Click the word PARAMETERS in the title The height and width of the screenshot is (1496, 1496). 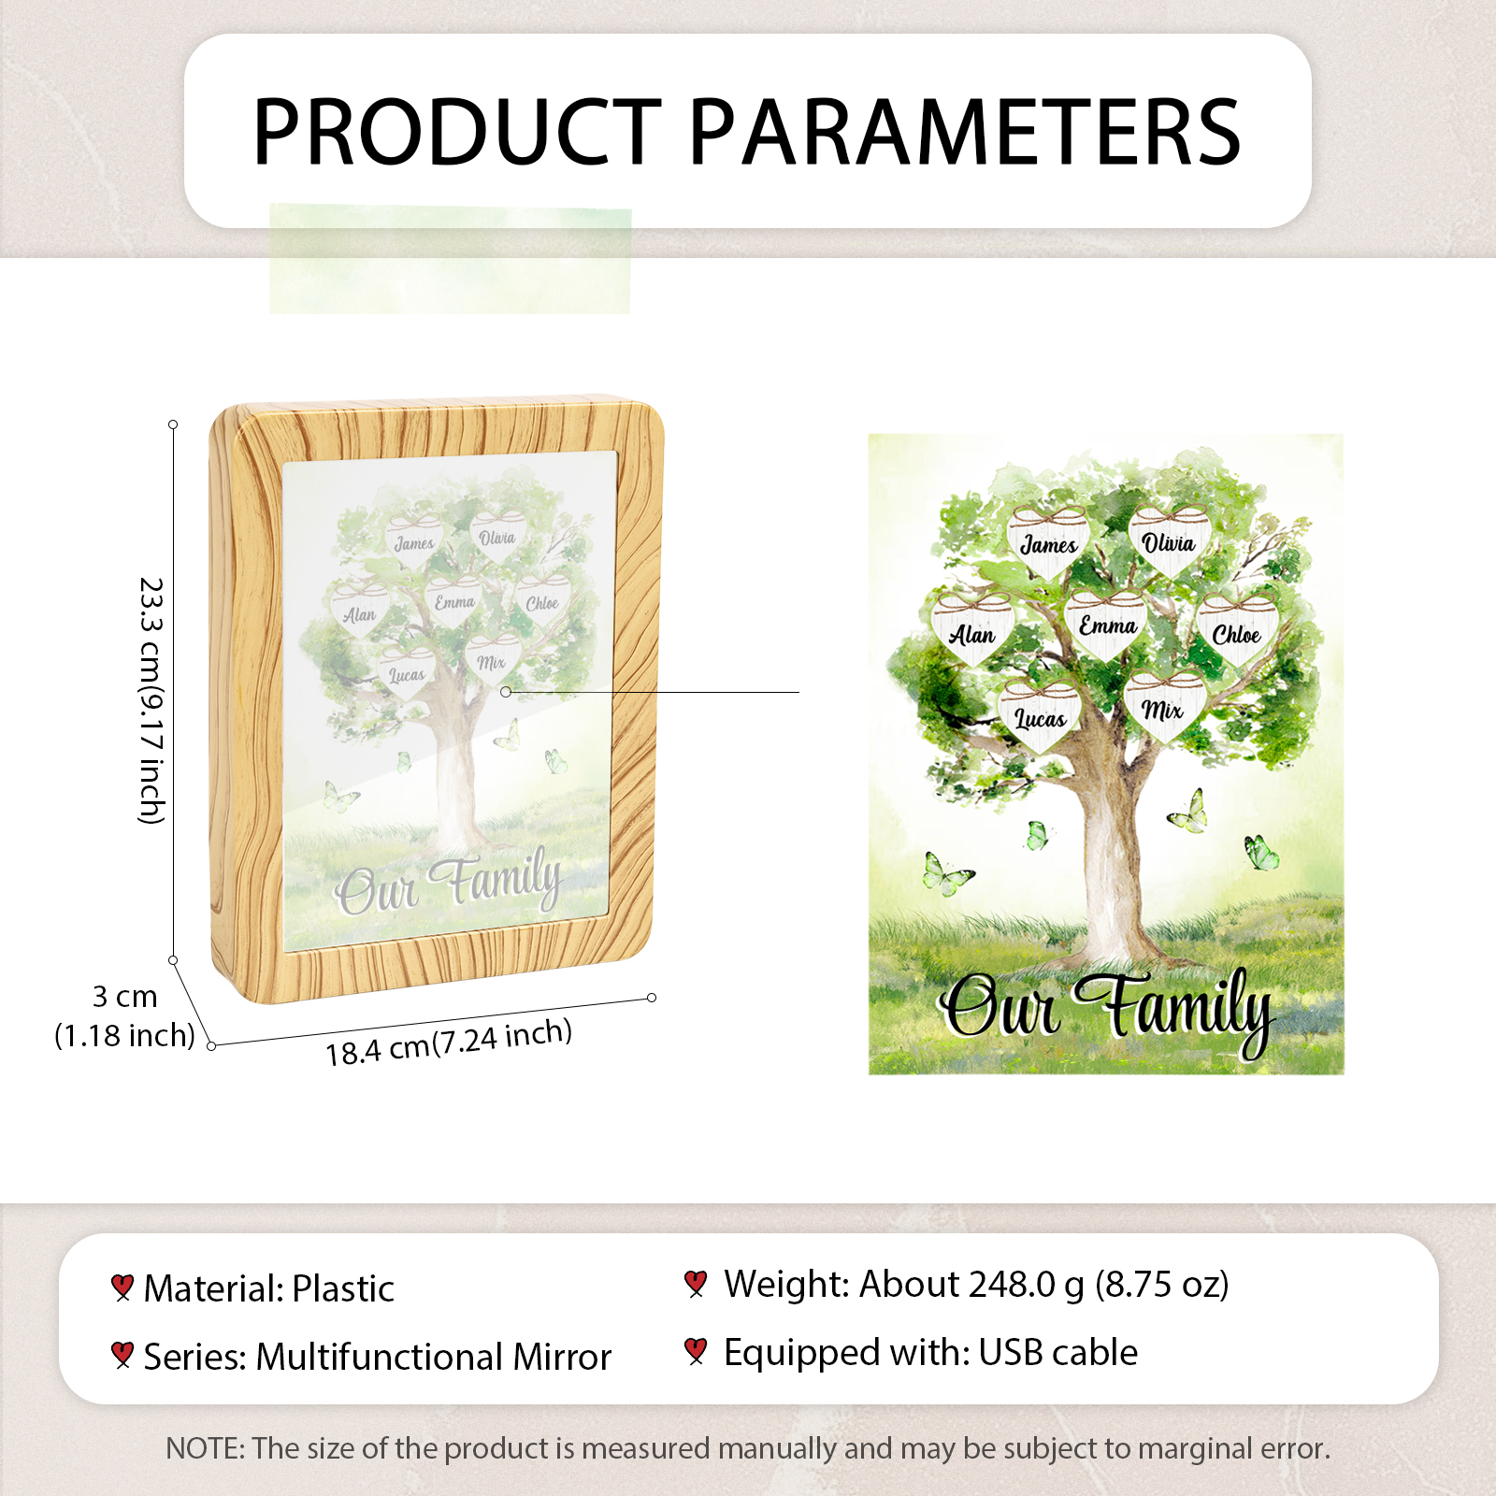click(x=965, y=132)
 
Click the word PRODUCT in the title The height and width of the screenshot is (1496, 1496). click(x=458, y=132)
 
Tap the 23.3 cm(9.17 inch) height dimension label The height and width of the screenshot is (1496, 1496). click(x=151, y=700)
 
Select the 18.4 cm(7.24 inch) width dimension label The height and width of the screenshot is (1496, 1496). click(x=449, y=1043)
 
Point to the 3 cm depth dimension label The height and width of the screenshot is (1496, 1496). click(x=124, y=996)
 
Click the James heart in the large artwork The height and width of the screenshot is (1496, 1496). click(x=1048, y=539)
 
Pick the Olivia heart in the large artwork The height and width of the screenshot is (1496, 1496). click(x=1169, y=539)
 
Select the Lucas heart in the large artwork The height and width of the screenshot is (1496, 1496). click(x=1041, y=715)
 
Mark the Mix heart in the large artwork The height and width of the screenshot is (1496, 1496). click(x=1163, y=707)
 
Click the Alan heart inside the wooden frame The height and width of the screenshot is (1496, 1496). click(x=360, y=611)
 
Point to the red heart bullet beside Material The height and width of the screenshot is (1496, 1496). click(x=122, y=1287)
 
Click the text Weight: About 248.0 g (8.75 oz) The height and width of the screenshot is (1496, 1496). click(x=976, y=1284)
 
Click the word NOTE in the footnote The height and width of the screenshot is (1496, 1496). click(x=204, y=1448)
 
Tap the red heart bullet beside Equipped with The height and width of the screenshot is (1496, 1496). click(x=696, y=1351)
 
